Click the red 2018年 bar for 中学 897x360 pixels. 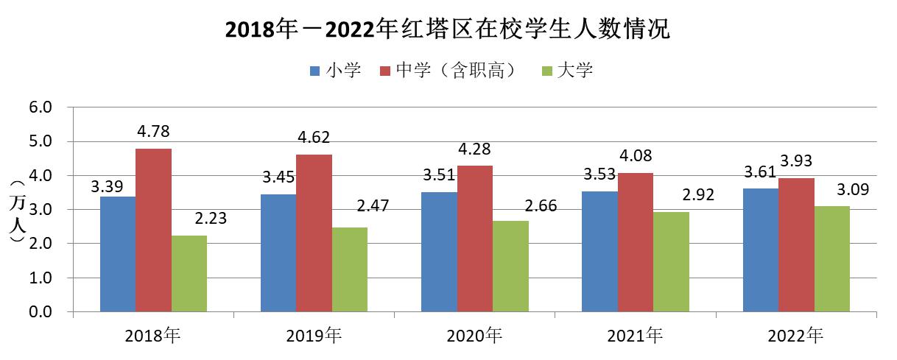click(153, 230)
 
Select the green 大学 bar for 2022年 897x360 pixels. click(831, 259)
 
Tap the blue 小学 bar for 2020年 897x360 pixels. click(439, 252)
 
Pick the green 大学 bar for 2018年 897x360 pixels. click(189, 274)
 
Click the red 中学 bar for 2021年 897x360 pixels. click(635, 242)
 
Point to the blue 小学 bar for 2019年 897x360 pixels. click(278, 253)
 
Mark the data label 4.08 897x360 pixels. click(635, 157)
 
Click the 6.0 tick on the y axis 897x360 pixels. click(41, 107)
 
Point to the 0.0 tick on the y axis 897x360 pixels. click(41, 312)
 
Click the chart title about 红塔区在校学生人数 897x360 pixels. click(448, 30)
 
